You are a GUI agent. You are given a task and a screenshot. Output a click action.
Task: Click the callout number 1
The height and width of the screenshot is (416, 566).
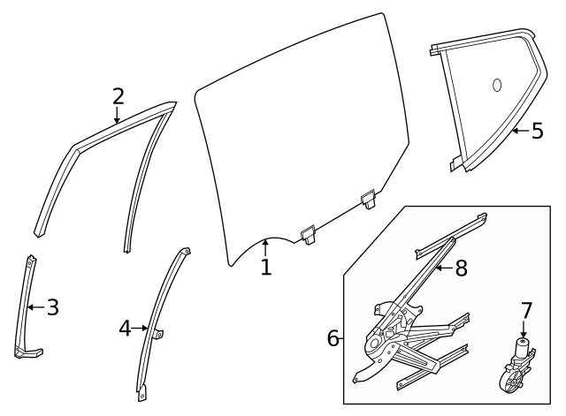tap(266, 267)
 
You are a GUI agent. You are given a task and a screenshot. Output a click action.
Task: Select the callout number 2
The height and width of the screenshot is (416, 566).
tap(118, 95)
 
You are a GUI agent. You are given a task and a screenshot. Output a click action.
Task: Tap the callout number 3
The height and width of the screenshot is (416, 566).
tap(52, 307)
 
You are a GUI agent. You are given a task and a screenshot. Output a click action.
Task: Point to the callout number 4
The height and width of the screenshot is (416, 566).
tap(125, 329)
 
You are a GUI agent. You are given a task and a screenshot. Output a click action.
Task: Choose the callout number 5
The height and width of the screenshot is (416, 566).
tap(538, 131)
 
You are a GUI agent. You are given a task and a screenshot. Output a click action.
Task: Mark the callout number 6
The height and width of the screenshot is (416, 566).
tap(333, 337)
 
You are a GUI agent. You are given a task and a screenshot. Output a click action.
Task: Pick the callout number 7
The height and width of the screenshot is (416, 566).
tap(526, 311)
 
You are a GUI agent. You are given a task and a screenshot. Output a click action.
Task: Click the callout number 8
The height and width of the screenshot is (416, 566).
tap(460, 268)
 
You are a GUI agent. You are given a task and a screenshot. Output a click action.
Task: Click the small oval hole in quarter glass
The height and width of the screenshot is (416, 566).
tap(496, 85)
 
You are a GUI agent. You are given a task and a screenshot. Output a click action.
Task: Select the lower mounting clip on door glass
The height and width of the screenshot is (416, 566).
tap(308, 233)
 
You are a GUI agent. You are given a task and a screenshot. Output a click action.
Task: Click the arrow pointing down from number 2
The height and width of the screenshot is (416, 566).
tap(118, 116)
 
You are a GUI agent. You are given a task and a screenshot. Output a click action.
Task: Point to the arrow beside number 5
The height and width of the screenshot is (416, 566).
tap(519, 131)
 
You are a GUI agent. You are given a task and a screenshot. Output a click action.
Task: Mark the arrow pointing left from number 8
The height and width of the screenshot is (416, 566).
tap(442, 267)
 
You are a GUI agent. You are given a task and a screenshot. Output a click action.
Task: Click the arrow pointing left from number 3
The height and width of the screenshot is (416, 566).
tap(34, 307)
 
